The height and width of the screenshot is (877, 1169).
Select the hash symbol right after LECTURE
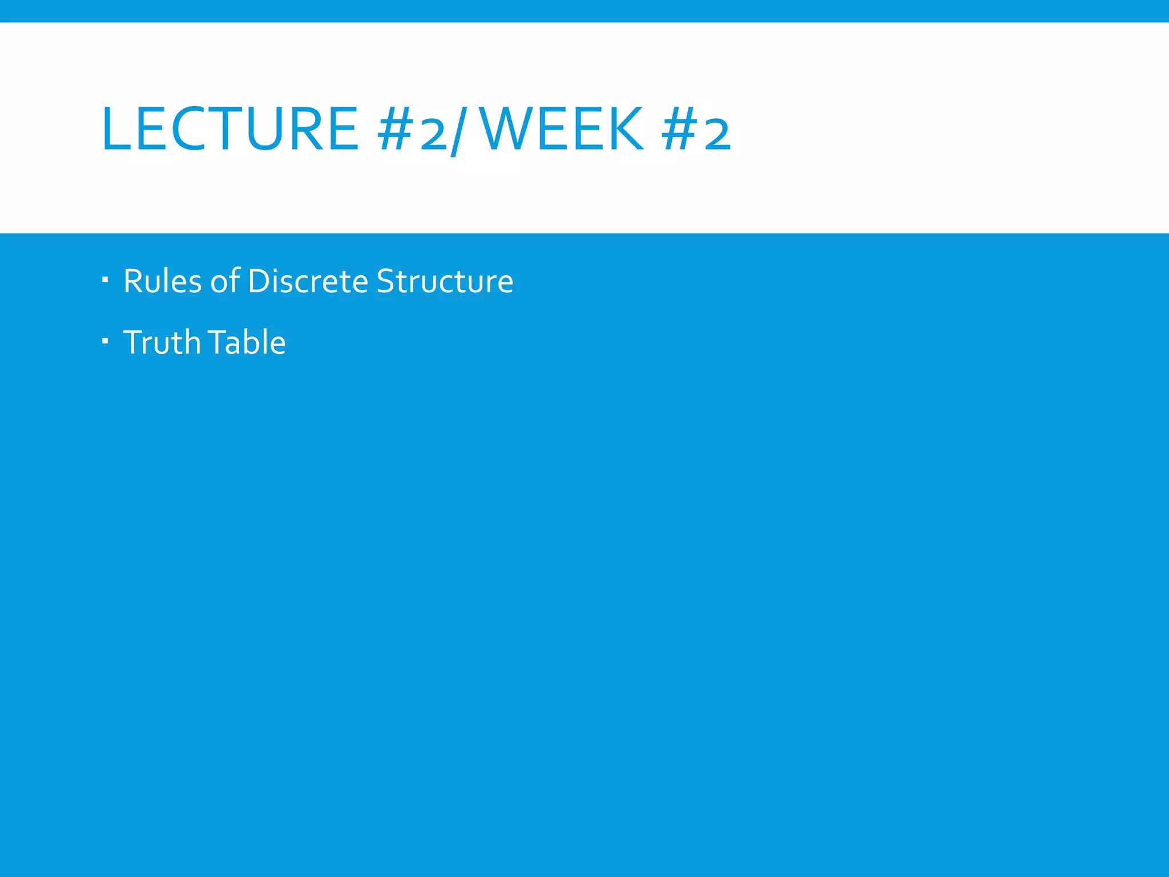pyautogui.click(x=395, y=130)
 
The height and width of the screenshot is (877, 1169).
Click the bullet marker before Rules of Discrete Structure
pyautogui.click(x=105, y=280)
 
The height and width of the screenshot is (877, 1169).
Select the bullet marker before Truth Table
pyautogui.click(x=105, y=341)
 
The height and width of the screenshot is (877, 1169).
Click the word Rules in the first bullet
pyautogui.click(x=162, y=281)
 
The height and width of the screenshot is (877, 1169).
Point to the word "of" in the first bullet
pyautogui.click(x=224, y=281)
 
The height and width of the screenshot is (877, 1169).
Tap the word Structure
pyautogui.click(x=445, y=281)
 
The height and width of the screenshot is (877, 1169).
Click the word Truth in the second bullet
pyautogui.click(x=162, y=342)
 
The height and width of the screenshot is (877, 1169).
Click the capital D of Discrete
pyautogui.click(x=259, y=281)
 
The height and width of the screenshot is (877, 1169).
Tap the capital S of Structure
pyautogui.click(x=385, y=281)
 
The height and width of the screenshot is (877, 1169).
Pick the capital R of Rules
pyautogui.click(x=132, y=281)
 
